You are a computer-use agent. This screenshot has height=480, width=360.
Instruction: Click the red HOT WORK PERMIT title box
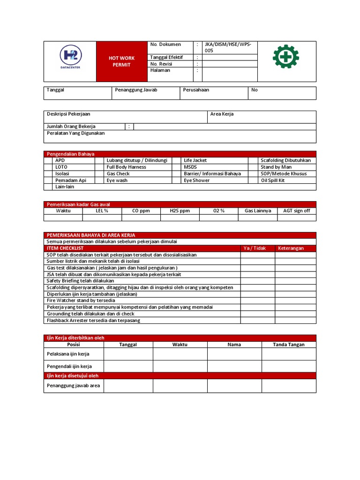point(122,61)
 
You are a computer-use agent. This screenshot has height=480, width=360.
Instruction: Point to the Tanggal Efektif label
point(166,57)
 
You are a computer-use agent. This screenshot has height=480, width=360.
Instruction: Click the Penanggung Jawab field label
point(136,90)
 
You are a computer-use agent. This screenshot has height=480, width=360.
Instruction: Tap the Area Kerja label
point(222,114)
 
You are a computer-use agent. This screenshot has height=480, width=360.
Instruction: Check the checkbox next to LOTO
point(48,167)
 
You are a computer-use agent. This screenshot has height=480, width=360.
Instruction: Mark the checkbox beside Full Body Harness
point(99,167)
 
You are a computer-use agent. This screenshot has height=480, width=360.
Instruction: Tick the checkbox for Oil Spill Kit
point(254,180)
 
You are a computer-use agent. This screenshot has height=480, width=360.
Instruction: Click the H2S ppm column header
point(180,211)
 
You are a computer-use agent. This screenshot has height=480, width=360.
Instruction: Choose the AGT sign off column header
point(296,211)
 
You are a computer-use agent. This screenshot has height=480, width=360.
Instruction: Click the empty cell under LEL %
point(102,217)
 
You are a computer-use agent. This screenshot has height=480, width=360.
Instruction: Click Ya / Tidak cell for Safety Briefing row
point(258,281)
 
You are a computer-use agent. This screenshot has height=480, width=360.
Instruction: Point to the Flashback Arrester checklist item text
point(93,320)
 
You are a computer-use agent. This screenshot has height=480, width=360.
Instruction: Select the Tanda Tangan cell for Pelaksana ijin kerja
point(289,354)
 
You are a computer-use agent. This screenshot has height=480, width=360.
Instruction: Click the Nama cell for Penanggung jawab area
point(234,386)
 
